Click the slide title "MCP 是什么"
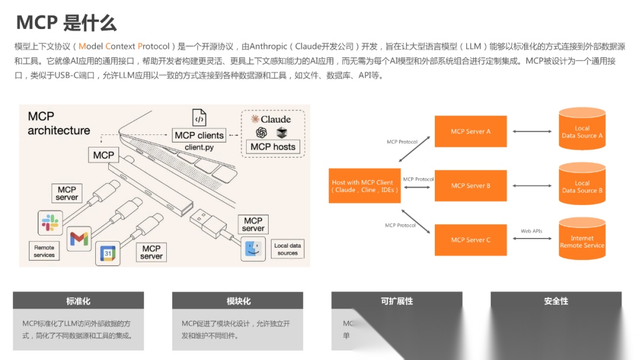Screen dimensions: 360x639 66,22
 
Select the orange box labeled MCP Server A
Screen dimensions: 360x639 470,131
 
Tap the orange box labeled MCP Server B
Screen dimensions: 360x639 470,186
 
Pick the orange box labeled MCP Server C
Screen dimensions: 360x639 470,240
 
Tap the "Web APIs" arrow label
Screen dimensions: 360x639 531,231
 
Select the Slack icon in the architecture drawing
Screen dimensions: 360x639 49,223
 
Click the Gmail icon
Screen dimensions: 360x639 79,238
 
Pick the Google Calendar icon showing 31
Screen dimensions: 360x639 108,253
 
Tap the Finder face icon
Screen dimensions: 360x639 253,249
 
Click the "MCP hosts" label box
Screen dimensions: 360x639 273,147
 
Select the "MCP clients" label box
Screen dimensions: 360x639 199,135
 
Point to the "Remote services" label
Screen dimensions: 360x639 44,251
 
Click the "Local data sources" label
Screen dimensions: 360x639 288,249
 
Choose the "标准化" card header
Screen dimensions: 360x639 78,301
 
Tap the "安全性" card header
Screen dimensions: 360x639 556,301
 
